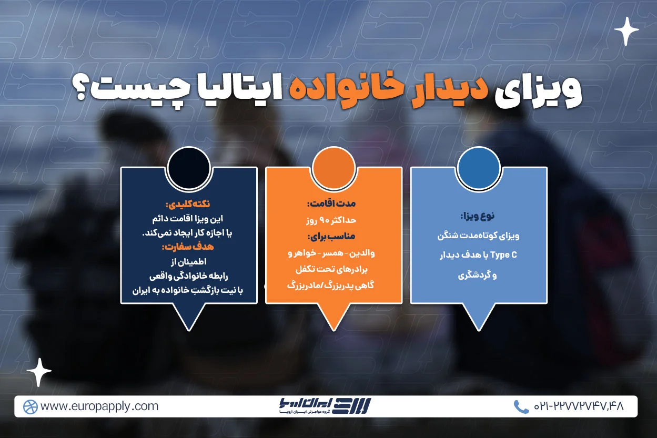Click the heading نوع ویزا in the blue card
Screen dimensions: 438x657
(478, 216)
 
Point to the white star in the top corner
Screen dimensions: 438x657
(626, 31)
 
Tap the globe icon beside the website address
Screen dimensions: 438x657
(30, 406)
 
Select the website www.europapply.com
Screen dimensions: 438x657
(99, 406)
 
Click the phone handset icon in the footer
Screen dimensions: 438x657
(521, 406)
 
